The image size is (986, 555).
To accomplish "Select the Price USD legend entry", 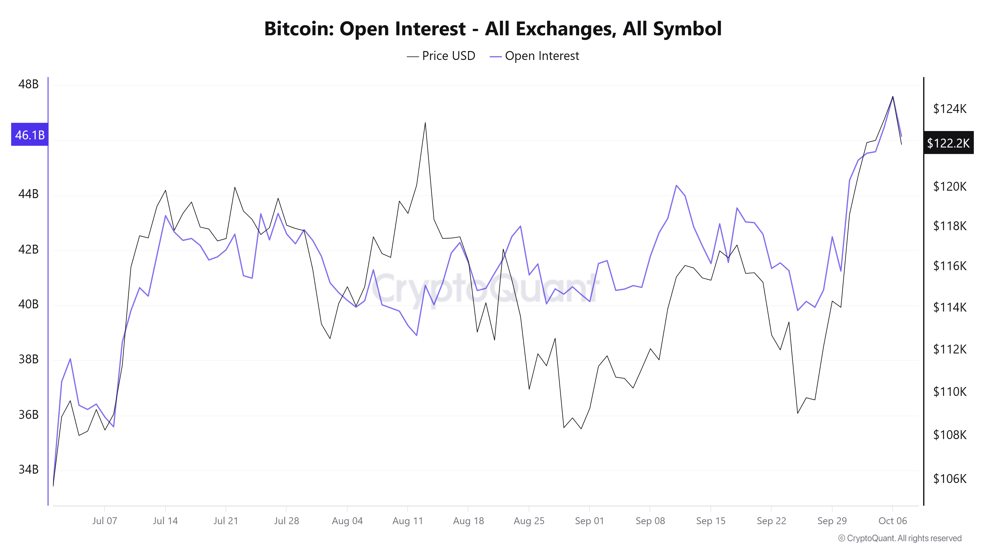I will click(x=441, y=56).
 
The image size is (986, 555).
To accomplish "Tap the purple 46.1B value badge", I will click(x=30, y=135).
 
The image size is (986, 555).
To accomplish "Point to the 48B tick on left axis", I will click(x=29, y=84).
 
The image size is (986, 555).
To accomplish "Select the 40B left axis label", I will click(x=29, y=304).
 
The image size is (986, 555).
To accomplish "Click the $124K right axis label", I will click(x=950, y=109).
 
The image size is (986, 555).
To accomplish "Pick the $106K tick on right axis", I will click(x=950, y=478).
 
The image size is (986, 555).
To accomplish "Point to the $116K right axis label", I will click(x=950, y=265).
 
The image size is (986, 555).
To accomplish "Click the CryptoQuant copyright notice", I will click(x=899, y=538).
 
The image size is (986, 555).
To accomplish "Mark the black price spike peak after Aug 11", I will click(x=425, y=123).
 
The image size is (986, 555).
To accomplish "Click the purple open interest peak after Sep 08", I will click(x=676, y=186).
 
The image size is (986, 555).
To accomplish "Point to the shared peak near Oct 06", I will click(x=893, y=97).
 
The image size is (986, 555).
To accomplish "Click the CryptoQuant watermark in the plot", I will click(x=484, y=289).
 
